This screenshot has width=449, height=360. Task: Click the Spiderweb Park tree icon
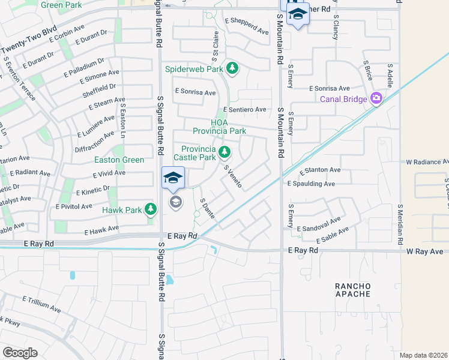(x=232, y=69)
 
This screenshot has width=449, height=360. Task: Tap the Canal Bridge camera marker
(x=376, y=98)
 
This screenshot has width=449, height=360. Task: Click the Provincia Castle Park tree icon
(x=224, y=152)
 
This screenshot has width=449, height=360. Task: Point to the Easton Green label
(x=119, y=160)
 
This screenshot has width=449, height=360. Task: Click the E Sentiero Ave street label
(x=244, y=109)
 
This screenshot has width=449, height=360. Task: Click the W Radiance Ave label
(x=427, y=162)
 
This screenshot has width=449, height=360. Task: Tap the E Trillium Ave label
(x=41, y=304)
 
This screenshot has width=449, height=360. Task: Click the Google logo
(x=20, y=352)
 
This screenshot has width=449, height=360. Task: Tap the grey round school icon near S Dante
(x=175, y=202)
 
